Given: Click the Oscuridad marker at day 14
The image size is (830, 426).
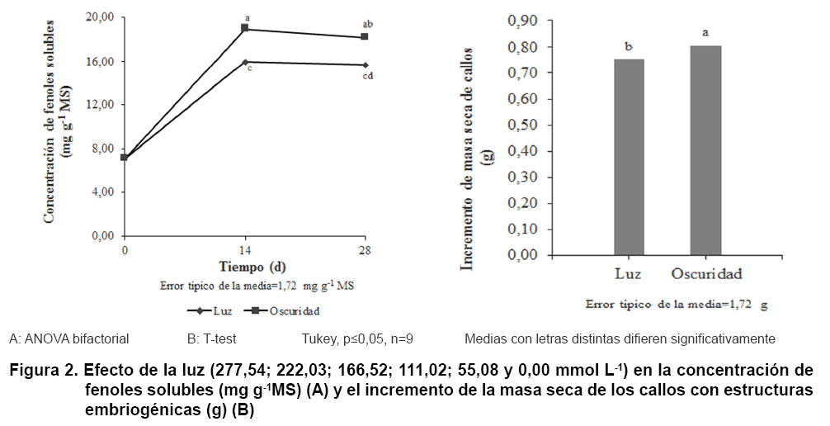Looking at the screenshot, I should [245, 28].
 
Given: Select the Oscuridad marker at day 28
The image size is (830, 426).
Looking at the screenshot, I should [365, 36].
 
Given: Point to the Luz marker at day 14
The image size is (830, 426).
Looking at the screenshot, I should [245, 62].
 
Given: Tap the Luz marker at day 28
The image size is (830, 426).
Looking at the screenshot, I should [365, 64].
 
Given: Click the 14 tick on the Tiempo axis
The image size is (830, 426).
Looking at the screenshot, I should [245, 249].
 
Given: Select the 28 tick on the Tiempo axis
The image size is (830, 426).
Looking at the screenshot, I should [365, 249].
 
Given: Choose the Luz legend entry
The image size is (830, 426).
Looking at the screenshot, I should [217, 311].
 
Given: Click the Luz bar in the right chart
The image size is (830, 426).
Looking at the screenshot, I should [630, 157].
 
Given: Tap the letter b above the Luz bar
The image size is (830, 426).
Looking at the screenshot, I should [630, 47].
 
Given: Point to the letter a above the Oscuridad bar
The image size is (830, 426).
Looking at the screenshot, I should [705, 33].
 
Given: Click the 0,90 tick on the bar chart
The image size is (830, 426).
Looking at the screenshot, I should [521, 21].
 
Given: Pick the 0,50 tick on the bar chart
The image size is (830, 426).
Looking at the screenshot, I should [521, 125].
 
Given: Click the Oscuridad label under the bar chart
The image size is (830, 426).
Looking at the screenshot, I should [706, 273].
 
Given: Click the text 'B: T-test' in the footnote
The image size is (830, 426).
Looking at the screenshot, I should [214, 338].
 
